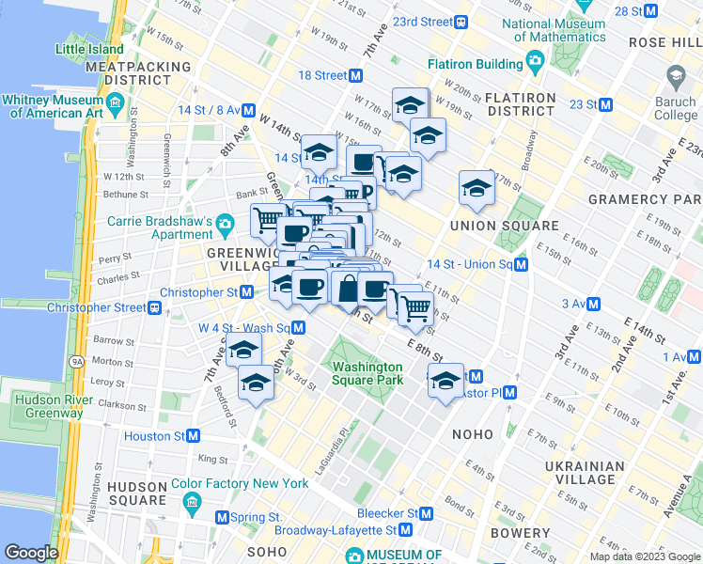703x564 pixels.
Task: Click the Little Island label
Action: [x=89, y=49]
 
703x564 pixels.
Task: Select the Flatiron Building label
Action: [x=475, y=64]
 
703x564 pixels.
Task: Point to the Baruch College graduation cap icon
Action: [x=675, y=74]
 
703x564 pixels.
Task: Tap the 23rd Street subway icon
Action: [x=461, y=22]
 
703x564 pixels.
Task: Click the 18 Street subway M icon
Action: [x=356, y=75]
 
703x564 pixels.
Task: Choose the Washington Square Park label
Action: [x=367, y=373]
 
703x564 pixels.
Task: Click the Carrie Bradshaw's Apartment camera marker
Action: [x=225, y=225]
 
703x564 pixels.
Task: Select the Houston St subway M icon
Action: [x=193, y=436]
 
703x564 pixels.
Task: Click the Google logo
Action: [x=31, y=553]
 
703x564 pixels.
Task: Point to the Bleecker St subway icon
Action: [x=427, y=514]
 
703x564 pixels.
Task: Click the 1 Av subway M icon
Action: [x=695, y=357]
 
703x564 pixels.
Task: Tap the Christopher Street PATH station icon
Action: [x=155, y=307]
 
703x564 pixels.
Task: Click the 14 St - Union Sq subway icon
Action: [x=521, y=265]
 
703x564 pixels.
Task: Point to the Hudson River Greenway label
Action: [x=42, y=404]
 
